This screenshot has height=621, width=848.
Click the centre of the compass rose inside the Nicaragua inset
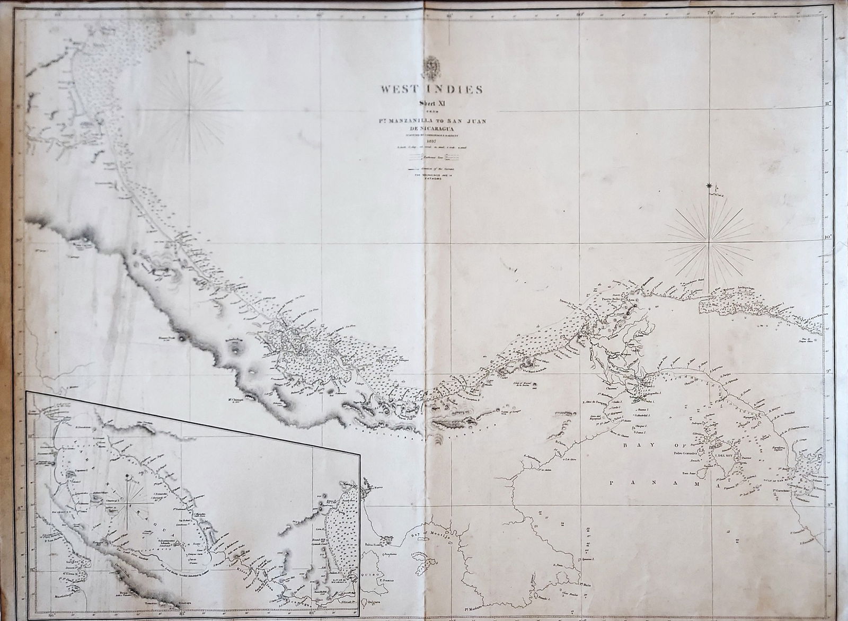[128, 499]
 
